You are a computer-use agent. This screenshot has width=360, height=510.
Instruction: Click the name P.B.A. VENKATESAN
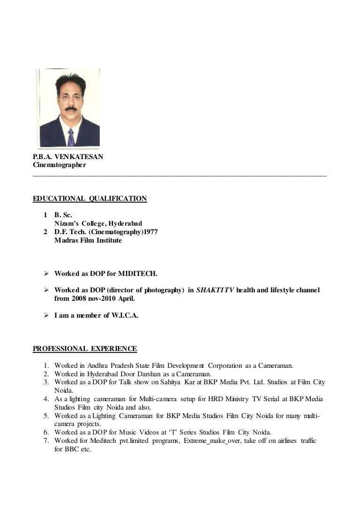tap(68, 157)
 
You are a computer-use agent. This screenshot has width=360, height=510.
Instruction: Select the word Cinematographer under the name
tap(60, 165)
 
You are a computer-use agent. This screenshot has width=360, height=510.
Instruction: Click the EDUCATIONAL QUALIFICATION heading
tap(90, 198)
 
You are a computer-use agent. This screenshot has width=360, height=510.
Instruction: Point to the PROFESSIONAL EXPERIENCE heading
tap(85, 349)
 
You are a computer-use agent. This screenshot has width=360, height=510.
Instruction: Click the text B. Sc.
tap(63, 215)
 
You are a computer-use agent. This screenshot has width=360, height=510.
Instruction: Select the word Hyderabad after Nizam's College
tap(125, 224)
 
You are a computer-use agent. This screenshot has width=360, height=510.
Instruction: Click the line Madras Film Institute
tap(88, 241)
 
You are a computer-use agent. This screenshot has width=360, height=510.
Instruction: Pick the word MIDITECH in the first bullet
tap(141, 274)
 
